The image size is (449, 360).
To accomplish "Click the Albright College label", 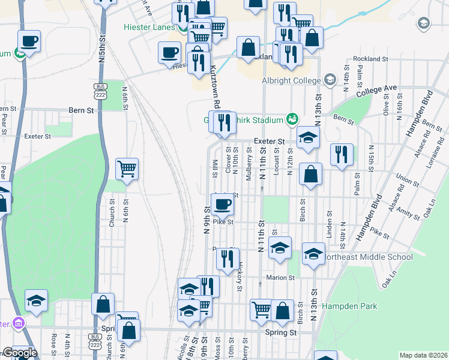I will (x=291, y=80).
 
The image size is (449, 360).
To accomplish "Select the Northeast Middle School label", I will (x=367, y=257).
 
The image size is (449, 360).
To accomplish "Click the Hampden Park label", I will (x=349, y=306).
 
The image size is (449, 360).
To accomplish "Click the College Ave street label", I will (x=376, y=91).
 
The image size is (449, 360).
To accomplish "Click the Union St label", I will (x=407, y=179).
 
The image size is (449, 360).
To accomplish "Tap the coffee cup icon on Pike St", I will (x=222, y=205).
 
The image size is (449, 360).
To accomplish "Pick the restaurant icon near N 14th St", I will (x=342, y=154).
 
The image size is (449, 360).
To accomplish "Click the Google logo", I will (x=20, y=353).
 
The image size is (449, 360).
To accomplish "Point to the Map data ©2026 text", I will (x=423, y=355).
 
